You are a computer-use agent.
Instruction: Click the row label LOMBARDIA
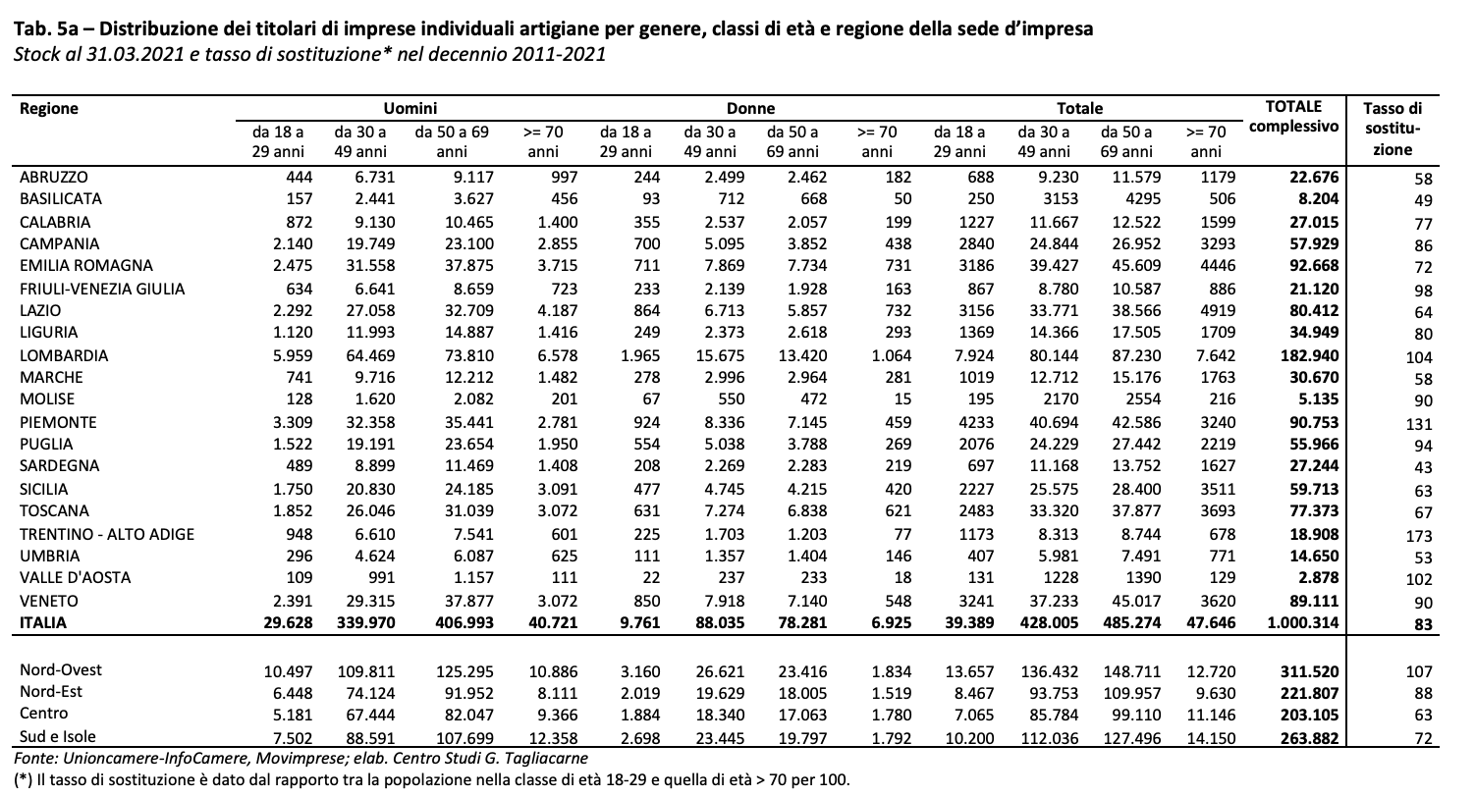(64, 355)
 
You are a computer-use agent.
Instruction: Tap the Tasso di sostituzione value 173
(1418, 536)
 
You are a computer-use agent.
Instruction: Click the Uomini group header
(410, 108)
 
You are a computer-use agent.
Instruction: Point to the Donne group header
(750, 108)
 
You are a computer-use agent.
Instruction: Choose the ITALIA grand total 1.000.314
(1303, 622)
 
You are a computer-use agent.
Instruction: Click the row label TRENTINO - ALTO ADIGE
(107, 534)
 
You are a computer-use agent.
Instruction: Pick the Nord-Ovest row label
(61, 670)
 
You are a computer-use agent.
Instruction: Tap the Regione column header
(49, 108)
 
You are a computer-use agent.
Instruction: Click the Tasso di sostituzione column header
(1393, 129)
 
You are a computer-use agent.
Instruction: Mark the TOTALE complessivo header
(1294, 117)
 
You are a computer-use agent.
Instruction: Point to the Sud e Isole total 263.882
(1310, 738)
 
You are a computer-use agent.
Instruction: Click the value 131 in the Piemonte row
(1418, 424)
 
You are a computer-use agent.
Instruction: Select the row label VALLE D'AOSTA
(75, 577)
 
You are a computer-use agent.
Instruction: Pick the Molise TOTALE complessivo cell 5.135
(1318, 398)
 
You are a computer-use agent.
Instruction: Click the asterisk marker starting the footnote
(23, 780)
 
